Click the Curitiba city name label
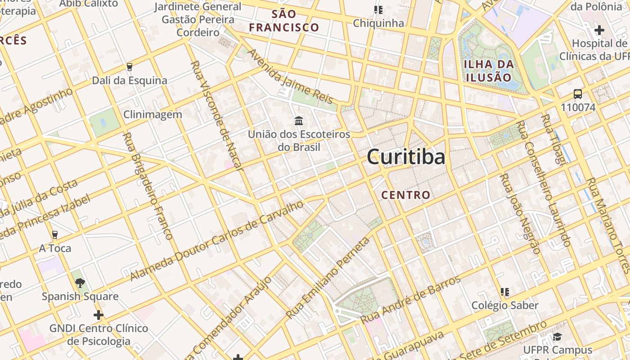point(406,157)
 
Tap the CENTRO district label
point(405,195)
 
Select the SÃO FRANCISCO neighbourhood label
point(284,21)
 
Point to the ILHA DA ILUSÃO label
point(489,70)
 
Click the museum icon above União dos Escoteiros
point(298,121)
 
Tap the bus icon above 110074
point(578,94)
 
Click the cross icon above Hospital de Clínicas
point(599,30)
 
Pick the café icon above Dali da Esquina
point(130,67)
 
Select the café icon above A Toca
point(55,234)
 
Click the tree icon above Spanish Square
point(80,283)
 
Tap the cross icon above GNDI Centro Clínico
point(99,315)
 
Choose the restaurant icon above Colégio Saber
point(505,292)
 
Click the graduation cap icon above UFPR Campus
point(557,337)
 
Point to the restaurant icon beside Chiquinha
point(378,9)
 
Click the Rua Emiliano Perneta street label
point(328,278)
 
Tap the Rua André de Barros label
point(410,300)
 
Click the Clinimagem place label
point(153,114)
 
